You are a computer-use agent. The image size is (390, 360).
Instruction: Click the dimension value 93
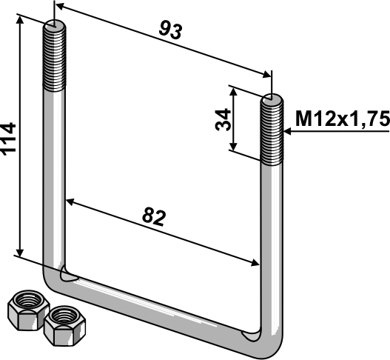point(171,30)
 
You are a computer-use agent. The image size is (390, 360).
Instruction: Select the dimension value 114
point(8,139)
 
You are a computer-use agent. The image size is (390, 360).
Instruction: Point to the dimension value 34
point(223,119)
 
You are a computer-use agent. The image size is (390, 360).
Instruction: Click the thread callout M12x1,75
point(343,119)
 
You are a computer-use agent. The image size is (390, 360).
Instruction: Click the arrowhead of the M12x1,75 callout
point(287,131)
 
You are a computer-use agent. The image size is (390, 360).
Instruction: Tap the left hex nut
point(28,310)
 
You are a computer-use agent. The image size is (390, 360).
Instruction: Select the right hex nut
point(64,326)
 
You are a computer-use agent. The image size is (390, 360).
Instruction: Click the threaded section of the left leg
point(55,57)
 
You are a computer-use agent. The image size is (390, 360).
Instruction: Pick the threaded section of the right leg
point(272,130)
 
